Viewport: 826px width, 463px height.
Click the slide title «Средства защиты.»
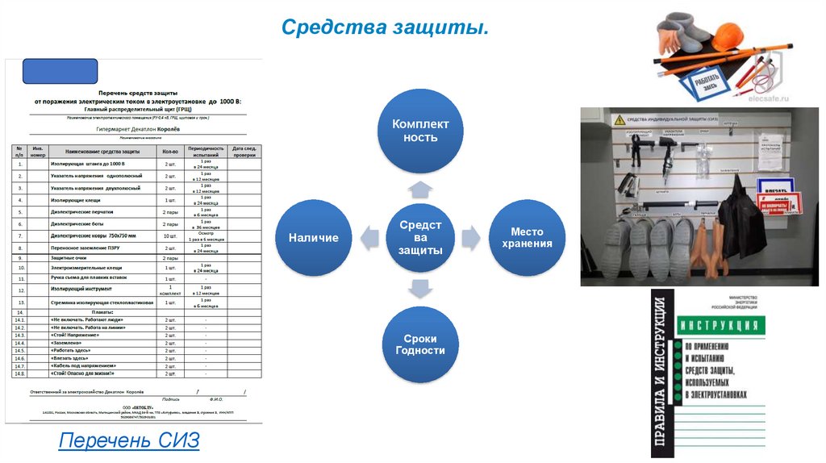coord(386,28)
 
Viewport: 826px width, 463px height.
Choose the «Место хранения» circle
coord(527,237)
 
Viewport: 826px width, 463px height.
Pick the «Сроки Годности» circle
coord(420,344)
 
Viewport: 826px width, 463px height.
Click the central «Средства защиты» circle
coord(420,237)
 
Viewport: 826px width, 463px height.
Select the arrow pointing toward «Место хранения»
coord(472,237)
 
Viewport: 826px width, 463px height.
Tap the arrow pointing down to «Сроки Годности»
coord(420,289)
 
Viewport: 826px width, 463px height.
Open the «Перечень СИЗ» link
coord(129,441)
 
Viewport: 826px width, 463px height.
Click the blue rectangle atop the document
coord(60,71)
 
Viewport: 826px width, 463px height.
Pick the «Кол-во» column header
coord(170,151)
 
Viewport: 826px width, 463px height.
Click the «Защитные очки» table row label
coord(69,258)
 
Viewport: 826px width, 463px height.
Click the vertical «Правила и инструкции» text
coord(661,374)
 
